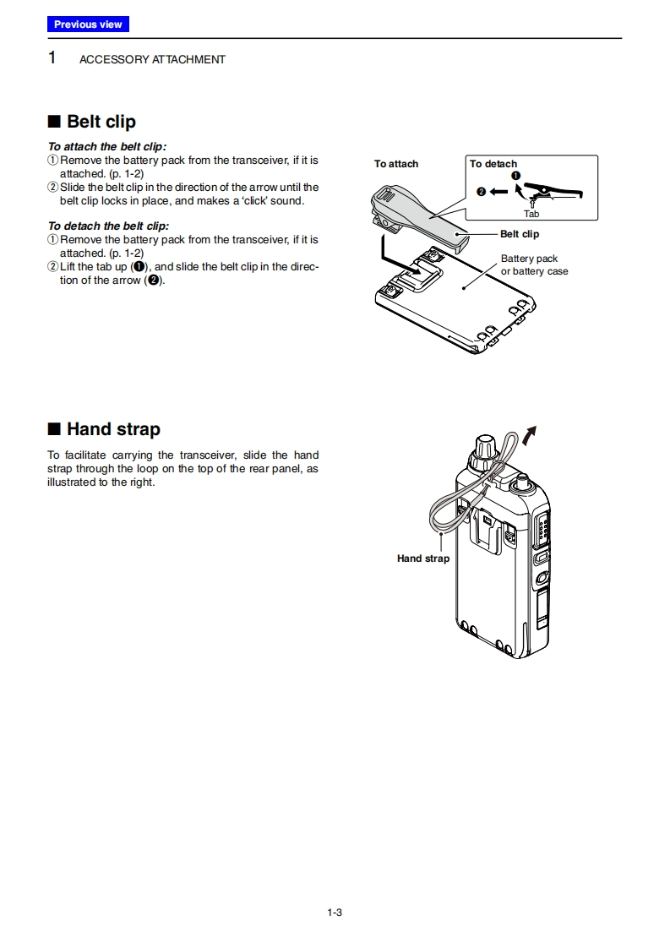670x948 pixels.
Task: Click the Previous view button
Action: coord(88,25)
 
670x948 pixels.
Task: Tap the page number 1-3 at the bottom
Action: coord(335,912)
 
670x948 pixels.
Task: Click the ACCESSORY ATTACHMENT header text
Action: coord(152,60)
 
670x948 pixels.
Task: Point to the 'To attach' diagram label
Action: coord(396,164)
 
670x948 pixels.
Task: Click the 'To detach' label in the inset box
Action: coord(493,164)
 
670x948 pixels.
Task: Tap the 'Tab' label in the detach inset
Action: coord(531,214)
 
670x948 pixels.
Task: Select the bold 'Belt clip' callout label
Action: coord(519,234)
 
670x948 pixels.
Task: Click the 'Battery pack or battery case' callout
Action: coord(534,265)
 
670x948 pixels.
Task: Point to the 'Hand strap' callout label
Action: coord(423,558)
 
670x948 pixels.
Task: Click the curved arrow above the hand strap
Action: coord(531,435)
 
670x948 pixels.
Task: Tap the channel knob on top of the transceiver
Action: coord(485,450)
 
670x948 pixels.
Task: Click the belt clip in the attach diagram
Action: coord(418,219)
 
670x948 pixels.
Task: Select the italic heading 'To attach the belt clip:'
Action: coord(107,146)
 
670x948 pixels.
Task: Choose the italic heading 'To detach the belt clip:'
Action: coord(108,226)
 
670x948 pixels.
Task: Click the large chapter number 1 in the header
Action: coord(52,58)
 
